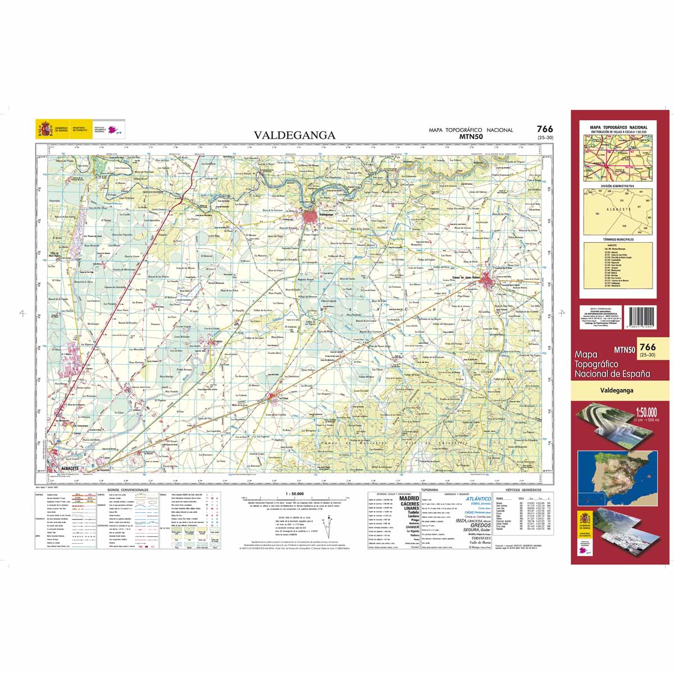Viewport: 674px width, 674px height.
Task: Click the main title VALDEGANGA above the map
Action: (294, 135)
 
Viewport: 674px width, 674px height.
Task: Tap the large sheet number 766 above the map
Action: (544, 129)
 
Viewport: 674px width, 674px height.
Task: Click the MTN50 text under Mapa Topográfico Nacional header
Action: (471, 136)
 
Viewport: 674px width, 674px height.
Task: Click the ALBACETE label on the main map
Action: (66, 468)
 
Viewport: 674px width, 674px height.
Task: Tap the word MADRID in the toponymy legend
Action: (408, 498)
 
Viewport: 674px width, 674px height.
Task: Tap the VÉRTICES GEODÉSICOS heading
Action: (523, 490)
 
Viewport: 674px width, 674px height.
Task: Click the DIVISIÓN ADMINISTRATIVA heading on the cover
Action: (617, 185)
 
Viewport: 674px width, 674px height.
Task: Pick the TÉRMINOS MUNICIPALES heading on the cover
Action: (617, 240)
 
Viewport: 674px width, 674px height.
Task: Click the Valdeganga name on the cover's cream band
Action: (616, 389)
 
